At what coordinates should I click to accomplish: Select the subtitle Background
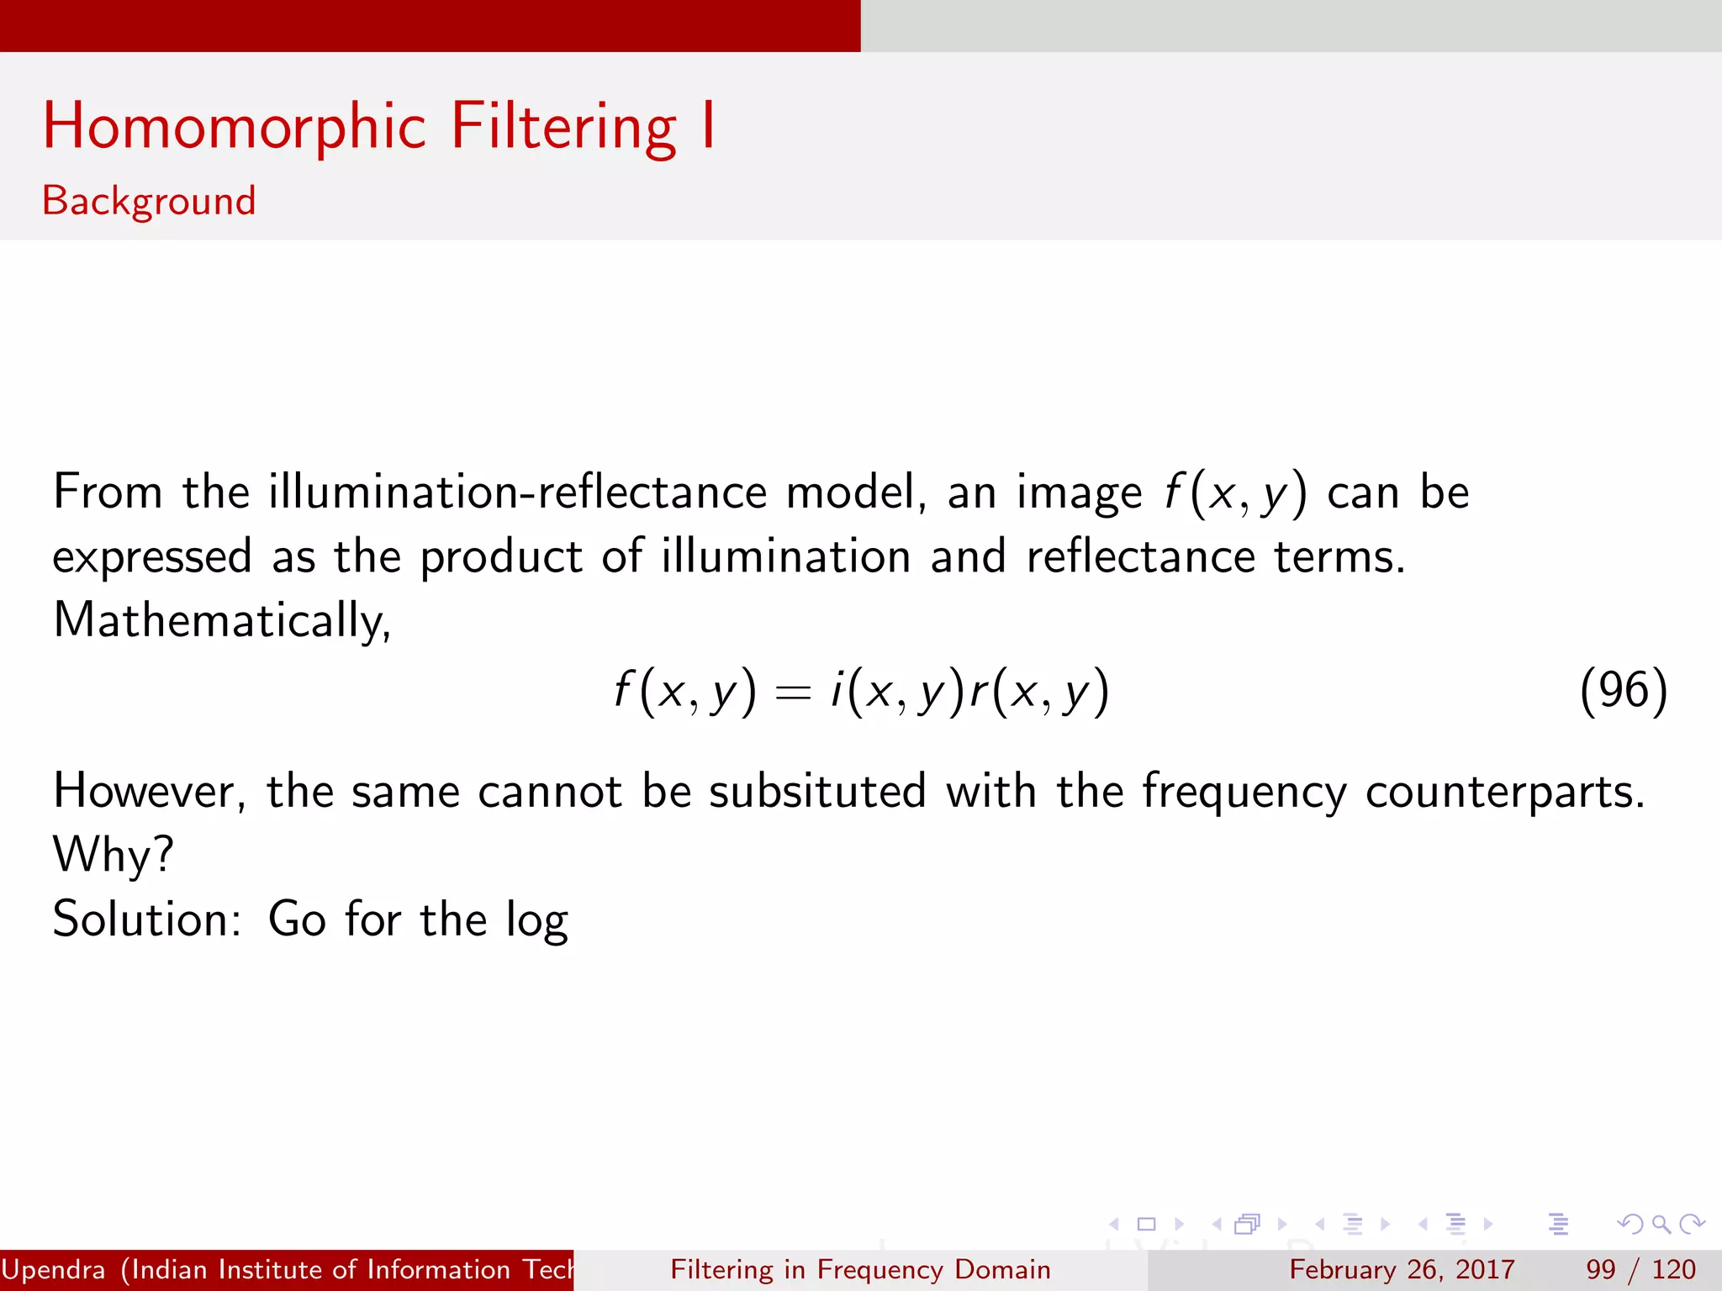[x=149, y=201]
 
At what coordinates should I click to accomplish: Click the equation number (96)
[x=1623, y=691]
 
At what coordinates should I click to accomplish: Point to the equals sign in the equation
[x=793, y=693]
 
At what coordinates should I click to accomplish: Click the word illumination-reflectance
[x=517, y=492]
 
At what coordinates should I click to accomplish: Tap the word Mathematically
[x=221, y=621]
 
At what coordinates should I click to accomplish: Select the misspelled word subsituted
[x=817, y=792]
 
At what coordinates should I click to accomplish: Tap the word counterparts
[x=1504, y=793]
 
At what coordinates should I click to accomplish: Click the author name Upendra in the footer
[x=53, y=1270]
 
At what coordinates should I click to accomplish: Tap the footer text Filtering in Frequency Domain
[x=860, y=1270]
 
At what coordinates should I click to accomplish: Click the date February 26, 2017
[x=1402, y=1270]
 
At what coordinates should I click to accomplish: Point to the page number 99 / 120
[x=1640, y=1270]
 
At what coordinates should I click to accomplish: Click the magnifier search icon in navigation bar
[x=1661, y=1225]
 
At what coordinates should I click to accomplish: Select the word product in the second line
[x=501, y=557]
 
